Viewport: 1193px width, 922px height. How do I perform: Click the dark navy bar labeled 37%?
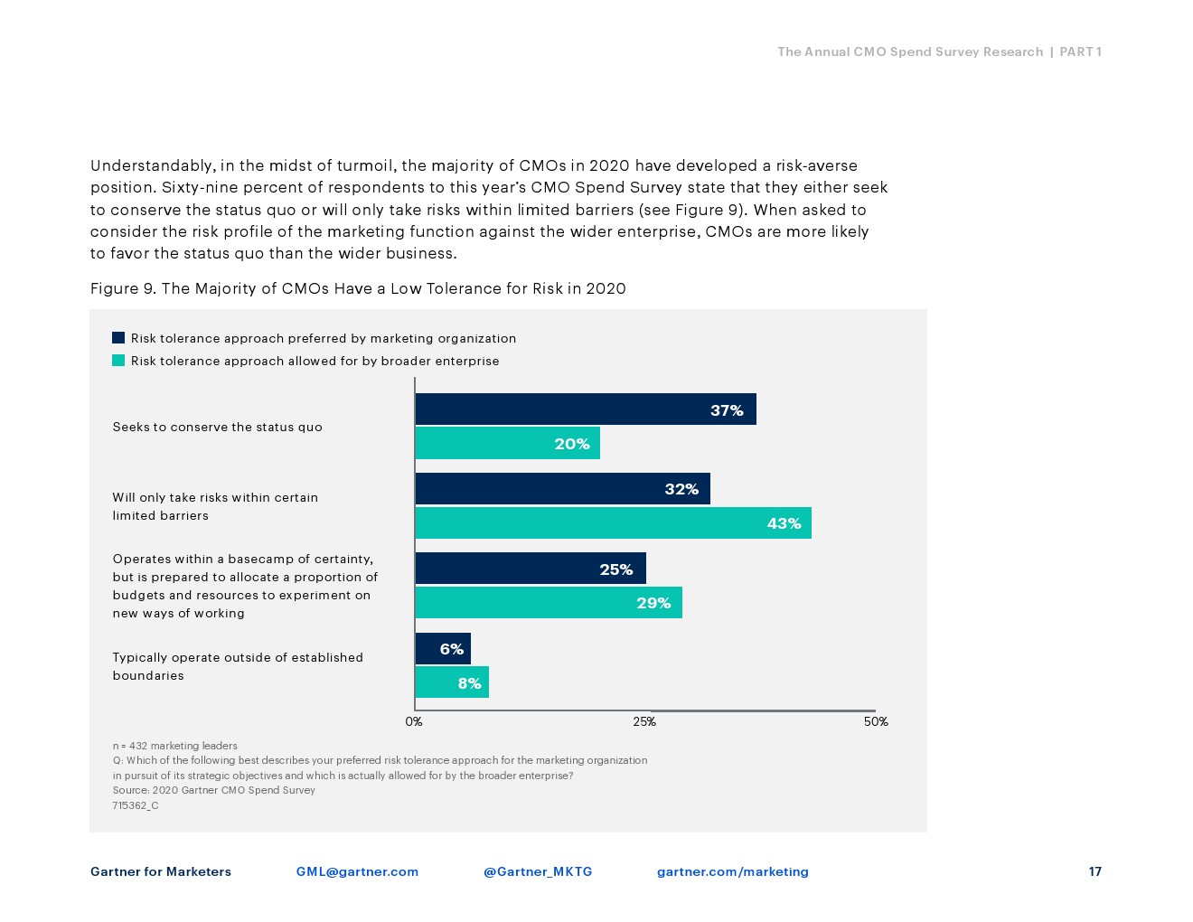click(x=585, y=409)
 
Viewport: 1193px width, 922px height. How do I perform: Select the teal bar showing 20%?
click(x=507, y=443)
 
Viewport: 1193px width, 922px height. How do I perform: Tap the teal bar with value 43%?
click(x=613, y=522)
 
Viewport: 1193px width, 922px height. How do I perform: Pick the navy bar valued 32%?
click(x=562, y=489)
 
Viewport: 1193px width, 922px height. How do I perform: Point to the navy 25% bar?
click(x=530, y=569)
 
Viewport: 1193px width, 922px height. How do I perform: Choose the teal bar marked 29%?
click(x=548, y=603)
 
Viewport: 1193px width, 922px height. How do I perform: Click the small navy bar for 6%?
click(x=443, y=648)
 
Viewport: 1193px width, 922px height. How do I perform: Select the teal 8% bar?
click(x=452, y=682)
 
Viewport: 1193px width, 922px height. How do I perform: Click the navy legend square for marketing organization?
click(x=118, y=338)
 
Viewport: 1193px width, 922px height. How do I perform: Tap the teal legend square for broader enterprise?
click(x=118, y=361)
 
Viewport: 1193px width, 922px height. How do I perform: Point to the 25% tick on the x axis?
click(x=644, y=721)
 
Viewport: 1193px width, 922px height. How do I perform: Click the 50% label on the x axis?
click(x=876, y=721)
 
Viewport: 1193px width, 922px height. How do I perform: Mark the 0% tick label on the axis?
click(x=414, y=721)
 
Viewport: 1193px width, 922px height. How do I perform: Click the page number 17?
click(x=1094, y=871)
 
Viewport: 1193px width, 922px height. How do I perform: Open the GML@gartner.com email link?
click(x=357, y=871)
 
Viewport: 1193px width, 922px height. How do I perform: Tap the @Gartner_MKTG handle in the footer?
click(x=538, y=871)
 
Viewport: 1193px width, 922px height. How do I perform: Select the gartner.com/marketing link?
click(x=732, y=871)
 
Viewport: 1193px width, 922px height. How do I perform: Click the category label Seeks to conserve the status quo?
click(x=217, y=427)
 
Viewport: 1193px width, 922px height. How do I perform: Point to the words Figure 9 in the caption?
click(x=123, y=288)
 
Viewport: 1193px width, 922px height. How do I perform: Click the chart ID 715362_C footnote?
click(x=136, y=805)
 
